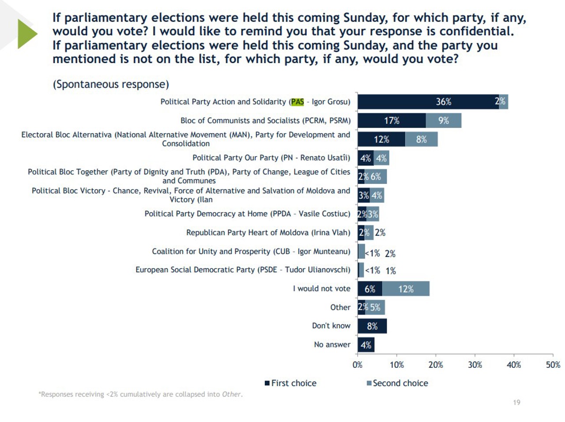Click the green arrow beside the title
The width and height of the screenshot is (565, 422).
27,34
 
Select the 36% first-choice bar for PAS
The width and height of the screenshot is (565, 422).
428,102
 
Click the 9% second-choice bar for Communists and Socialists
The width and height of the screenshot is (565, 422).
444,121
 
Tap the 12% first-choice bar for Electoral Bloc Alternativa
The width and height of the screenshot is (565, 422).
381,139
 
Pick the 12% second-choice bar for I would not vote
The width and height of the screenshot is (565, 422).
406,289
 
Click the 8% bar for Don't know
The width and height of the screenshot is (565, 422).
372,326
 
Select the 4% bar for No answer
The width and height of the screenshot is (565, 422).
366,345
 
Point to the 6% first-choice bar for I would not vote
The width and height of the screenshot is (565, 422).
370,289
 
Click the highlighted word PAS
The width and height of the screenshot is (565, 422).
298,102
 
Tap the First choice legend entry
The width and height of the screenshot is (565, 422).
291,383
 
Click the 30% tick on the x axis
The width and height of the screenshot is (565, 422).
475,365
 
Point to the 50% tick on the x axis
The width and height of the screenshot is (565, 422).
553,365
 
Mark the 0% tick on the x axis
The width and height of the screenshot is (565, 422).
358,365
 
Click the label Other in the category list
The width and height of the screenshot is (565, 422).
340,307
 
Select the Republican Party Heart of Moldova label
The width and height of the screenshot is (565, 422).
268,232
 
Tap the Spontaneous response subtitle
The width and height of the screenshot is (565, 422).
111,84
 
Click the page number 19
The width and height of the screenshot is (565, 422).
516,402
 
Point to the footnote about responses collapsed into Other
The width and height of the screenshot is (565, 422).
140,394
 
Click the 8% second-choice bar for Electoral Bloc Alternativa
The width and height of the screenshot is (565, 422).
421,139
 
